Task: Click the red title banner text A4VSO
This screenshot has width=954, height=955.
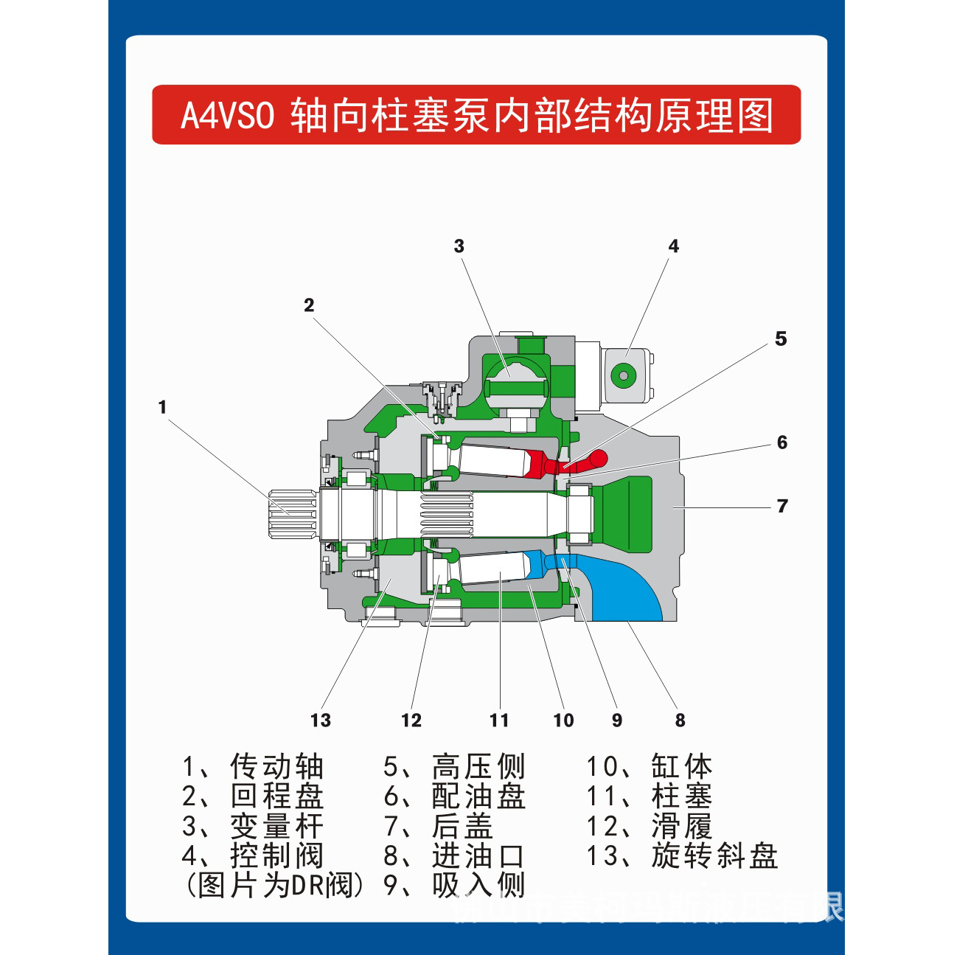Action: (228, 116)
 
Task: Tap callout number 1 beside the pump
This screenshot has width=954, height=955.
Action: (162, 407)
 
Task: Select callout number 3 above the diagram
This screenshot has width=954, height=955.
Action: (459, 246)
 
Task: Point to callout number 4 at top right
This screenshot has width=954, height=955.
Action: (673, 246)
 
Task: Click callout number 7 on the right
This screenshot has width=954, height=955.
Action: (782, 507)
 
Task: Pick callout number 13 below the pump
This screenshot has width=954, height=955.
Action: (321, 720)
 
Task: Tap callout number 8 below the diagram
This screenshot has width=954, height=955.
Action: (680, 720)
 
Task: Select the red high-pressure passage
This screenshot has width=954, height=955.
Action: (568, 464)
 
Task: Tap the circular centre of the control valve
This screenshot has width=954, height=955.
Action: (624, 375)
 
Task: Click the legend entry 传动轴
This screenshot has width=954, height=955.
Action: (276, 767)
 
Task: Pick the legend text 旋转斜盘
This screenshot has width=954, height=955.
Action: (714, 856)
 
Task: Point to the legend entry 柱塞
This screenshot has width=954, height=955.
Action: (681, 796)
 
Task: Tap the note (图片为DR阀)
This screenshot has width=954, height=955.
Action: (274, 885)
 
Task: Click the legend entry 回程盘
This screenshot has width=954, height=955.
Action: (276, 796)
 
